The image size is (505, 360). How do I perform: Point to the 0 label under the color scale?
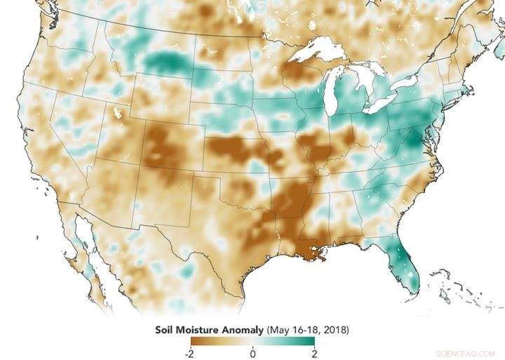click(x=252, y=352)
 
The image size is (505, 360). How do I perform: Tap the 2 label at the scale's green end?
click(x=314, y=352)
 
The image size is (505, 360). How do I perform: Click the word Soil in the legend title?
click(x=166, y=328)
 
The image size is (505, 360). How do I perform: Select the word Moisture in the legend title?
click(x=200, y=328)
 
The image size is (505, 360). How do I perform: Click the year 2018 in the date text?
click(x=333, y=328)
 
